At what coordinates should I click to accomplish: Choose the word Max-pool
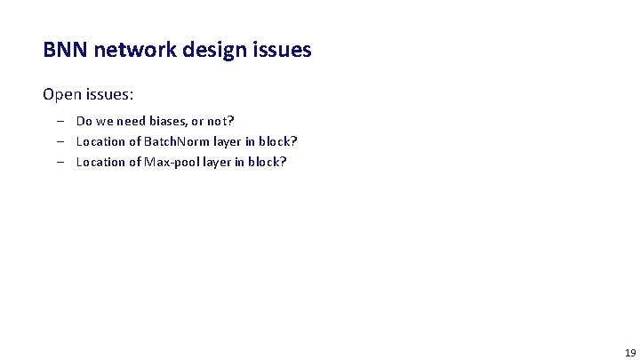click(x=171, y=162)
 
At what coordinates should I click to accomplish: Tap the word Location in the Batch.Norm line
click(x=100, y=141)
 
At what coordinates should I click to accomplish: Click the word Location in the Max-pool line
click(x=100, y=162)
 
